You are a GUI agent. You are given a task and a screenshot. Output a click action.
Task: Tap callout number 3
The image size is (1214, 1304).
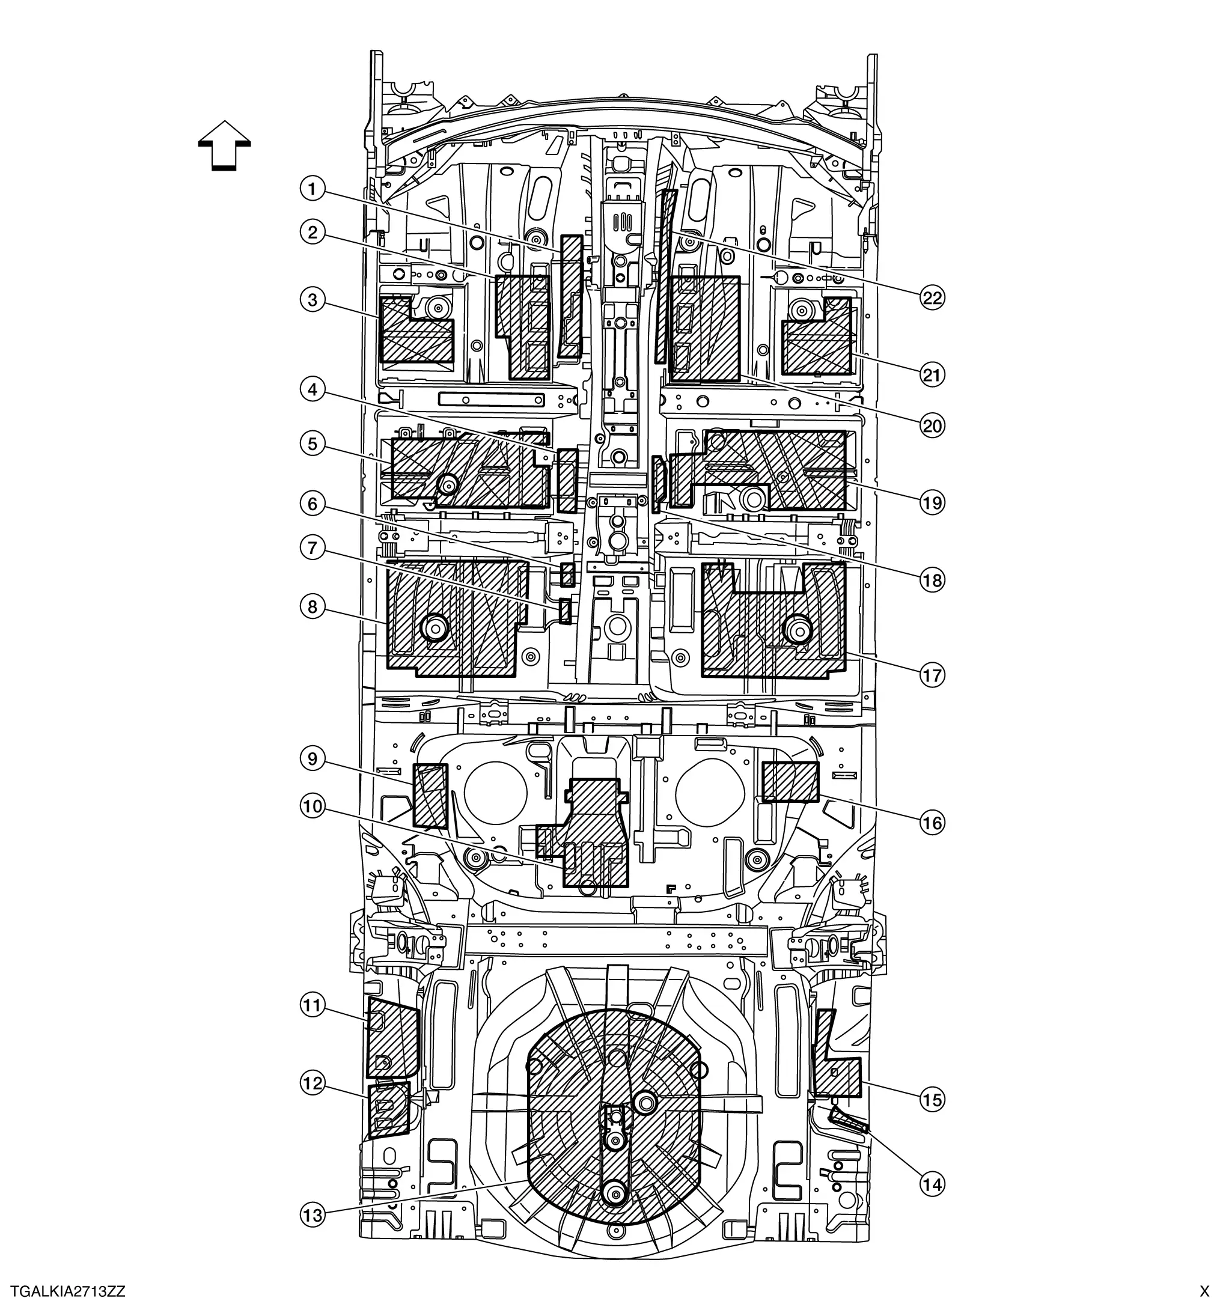(x=312, y=300)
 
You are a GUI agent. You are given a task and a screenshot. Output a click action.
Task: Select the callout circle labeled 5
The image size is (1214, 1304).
(x=312, y=444)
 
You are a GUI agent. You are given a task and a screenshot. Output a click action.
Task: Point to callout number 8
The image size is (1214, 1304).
(x=312, y=607)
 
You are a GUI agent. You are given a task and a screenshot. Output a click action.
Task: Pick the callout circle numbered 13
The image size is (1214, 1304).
(x=312, y=1215)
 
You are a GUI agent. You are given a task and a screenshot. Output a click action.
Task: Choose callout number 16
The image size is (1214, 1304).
(x=932, y=823)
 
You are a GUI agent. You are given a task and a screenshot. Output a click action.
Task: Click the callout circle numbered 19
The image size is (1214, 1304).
(x=932, y=503)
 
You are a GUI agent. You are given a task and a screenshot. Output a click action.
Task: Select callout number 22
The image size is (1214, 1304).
(x=932, y=299)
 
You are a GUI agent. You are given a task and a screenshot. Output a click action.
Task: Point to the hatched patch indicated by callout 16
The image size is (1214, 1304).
(x=790, y=782)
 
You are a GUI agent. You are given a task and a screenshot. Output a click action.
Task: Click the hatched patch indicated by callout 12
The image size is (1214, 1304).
(x=388, y=1110)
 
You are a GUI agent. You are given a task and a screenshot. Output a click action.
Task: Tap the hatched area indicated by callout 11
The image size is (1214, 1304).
(x=392, y=1038)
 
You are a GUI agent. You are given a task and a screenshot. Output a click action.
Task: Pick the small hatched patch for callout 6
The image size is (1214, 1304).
(x=567, y=574)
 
